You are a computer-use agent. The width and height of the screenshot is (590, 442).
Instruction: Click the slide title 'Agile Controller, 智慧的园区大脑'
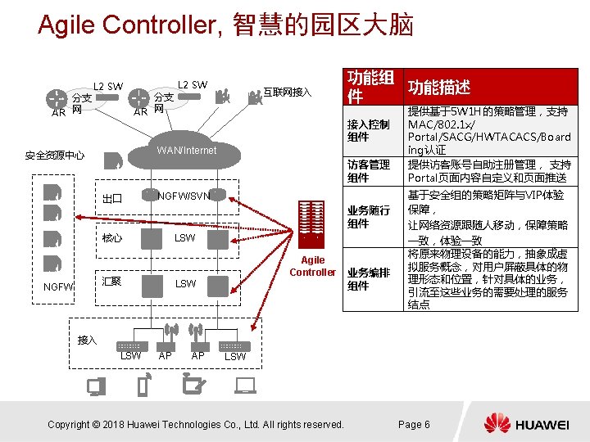(x=225, y=25)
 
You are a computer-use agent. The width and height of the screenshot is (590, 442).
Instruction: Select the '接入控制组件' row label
(x=368, y=130)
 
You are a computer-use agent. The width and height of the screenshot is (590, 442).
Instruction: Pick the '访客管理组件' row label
(x=368, y=171)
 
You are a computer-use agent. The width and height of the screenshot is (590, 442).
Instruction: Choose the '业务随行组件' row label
(x=368, y=217)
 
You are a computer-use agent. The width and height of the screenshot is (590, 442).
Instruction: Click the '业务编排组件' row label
(x=368, y=279)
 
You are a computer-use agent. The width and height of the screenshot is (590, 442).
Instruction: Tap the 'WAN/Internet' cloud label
(x=187, y=151)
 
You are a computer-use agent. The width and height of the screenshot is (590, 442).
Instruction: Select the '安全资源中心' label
(x=55, y=155)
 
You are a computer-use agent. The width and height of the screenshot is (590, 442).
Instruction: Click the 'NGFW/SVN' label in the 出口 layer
(x=184, y=196)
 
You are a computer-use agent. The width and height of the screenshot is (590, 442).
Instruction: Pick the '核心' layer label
(x=112, y=238)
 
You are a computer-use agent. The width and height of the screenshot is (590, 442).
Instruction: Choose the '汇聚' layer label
(x=112, y=282)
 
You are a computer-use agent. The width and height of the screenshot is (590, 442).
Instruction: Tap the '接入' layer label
(x=87, y=339)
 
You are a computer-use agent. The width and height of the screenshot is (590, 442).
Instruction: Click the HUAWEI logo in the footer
(x=525, y=424)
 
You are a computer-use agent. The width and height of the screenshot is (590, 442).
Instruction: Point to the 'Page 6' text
(x=414, y=424)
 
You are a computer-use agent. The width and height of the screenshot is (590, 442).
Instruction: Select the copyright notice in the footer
(x=196, y=424)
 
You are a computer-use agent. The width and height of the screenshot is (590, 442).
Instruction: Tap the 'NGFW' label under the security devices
(x=59, y=287)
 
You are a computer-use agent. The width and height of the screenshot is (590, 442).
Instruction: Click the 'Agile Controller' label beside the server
(x=313, y=266)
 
